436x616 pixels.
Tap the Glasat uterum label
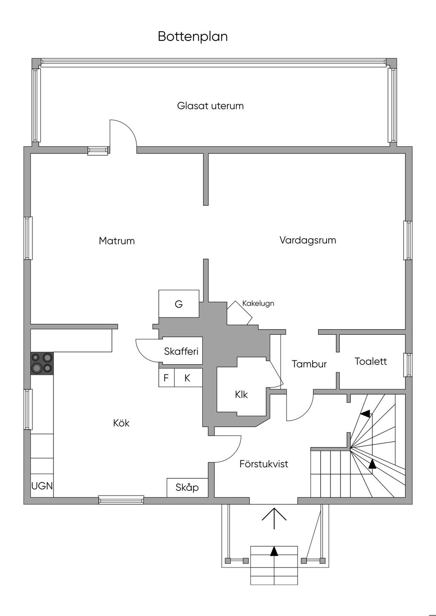(x=210, y=106)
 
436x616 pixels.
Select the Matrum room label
(x=117, y=241)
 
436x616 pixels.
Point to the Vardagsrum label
(x=308, y=240)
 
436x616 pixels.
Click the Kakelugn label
(x=258, y=303)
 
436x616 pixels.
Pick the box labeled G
(x=179, y=304)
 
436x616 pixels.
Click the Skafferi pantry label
(x=181, y=351)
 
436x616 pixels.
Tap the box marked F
(x=166, y=378)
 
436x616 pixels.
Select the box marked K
(x=188, y=378)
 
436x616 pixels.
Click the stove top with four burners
(x=42, y=363)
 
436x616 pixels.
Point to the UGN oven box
(x=42, y=486)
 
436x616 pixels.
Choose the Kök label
(x=121, y=423)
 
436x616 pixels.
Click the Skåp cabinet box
(x=187, y=488)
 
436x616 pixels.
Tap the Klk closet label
(x=241, y=395)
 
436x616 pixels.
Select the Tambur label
(x=309, y=364)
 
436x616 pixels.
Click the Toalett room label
(x=370, y=361)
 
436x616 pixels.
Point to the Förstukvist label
(x=264, y=464)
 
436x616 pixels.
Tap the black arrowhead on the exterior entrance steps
(x=274, y=551)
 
